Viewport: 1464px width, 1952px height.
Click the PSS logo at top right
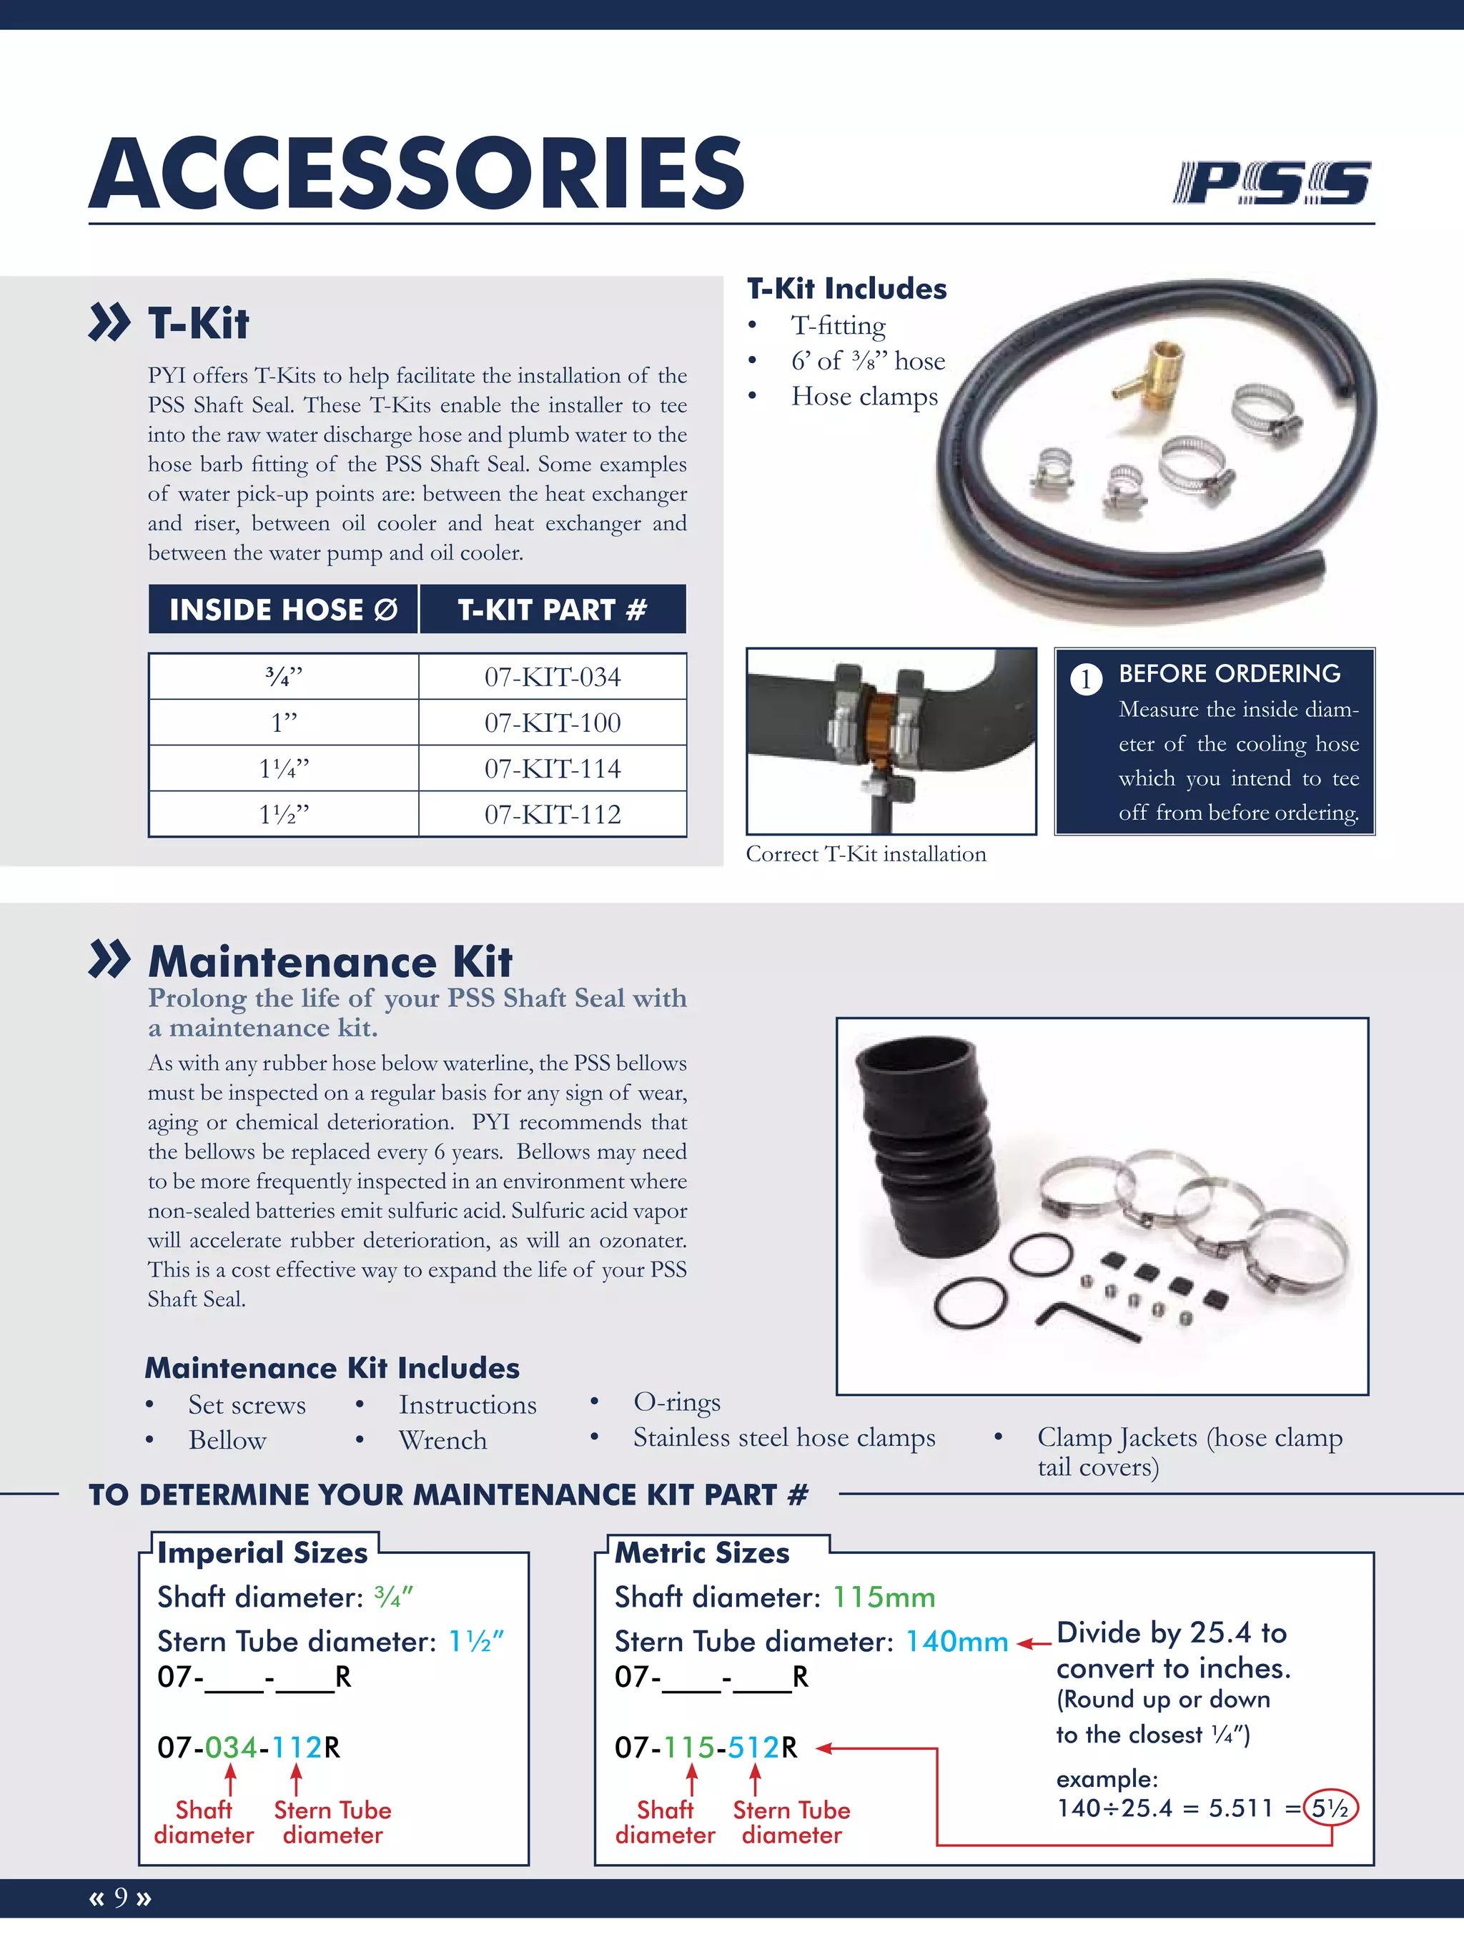(1272, 183)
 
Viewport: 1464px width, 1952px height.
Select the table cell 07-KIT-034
(553, 678)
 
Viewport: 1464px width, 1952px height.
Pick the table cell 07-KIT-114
(553, 768)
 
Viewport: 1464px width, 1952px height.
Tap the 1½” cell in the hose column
(283, 815)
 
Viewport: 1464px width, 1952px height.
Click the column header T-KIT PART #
(553, 610)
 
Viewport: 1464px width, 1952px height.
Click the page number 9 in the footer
(121, 1897)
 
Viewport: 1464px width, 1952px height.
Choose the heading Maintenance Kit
(330, 961)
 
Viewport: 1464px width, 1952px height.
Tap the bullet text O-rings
(677, 1402)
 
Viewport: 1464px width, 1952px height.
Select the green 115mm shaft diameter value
(884, 1597)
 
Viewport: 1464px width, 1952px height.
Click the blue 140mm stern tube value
(956, 1641)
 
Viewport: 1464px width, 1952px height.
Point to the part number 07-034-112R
(249, 1748)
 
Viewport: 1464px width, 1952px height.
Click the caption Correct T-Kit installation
(866, 854)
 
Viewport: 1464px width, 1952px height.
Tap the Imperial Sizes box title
(262, 1553)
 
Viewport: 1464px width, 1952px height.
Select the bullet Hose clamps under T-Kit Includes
(864, 396)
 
